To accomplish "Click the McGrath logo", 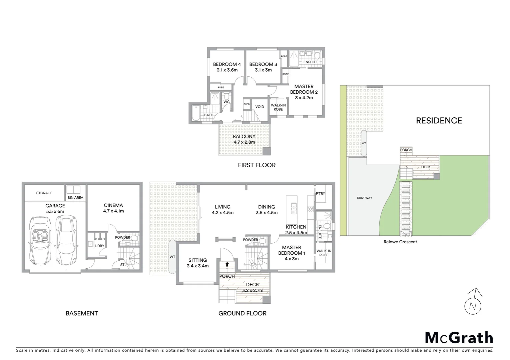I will pos(459,338).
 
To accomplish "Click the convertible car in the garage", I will pos(40,239).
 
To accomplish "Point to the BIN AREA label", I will pos(75,198).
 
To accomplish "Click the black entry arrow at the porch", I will pos(227,264).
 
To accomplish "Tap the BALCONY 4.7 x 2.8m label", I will pos(244,139).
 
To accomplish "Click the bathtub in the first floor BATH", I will pos(195,113).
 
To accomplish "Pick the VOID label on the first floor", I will pos(260,107).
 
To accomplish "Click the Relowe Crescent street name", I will pos(400,242).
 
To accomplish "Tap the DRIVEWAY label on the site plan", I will pos(364,198).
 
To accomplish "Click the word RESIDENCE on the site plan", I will pos(439,121).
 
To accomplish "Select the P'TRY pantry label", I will pos(320,194).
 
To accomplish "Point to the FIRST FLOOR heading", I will pos(256,165).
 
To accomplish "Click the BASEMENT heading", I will pos(82,313).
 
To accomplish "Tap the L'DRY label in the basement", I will pos(99,246).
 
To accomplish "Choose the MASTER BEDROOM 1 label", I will pos(292,250).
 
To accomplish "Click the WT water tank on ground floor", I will pos(172,257).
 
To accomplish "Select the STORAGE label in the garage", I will pos(44,193).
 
